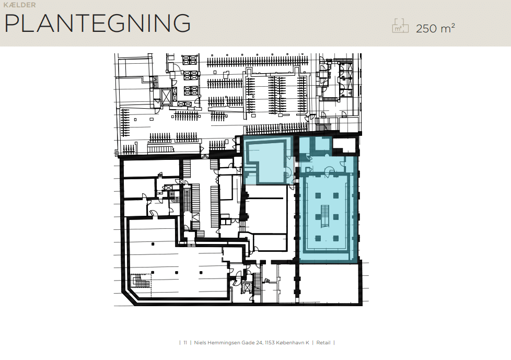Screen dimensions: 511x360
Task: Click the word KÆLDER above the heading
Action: (x=19, y=5)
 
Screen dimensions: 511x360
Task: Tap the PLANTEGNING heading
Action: (x=97, y=23)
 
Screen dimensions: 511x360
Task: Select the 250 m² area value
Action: (x=435, y=28)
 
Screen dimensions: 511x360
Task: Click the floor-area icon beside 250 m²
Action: (x=400, y=26)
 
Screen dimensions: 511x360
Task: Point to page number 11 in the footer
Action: (x=185, y=342)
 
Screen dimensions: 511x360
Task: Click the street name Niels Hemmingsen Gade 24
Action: (x=228, y=342)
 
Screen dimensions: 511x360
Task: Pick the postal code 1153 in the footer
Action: (x=270, y=342)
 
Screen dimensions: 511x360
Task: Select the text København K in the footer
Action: (x=292, y=342)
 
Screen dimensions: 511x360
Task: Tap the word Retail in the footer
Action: (x=323, y=342)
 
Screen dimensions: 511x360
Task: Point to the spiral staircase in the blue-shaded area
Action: (x=308, y=158)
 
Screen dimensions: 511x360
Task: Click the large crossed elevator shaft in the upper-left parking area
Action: (x=166, y=97)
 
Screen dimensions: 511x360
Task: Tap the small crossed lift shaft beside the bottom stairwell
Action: (x=247, y=288)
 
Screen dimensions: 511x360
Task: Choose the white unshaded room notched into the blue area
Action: (x=344, y=145)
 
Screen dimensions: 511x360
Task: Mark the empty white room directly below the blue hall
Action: (x=330, y=283)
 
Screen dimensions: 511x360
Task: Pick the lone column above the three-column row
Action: (x=153, y=244)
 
